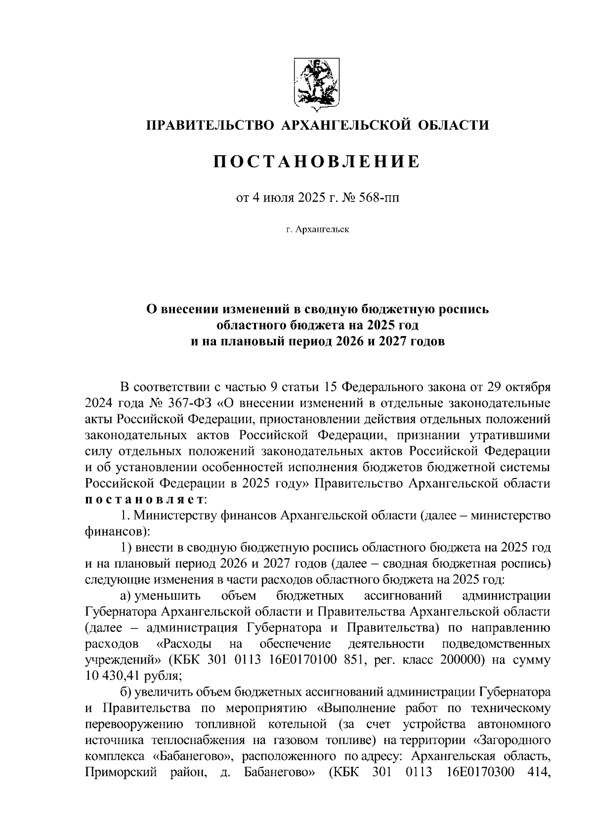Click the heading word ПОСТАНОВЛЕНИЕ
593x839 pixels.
point(316,162)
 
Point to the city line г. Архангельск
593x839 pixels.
point(316,229)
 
